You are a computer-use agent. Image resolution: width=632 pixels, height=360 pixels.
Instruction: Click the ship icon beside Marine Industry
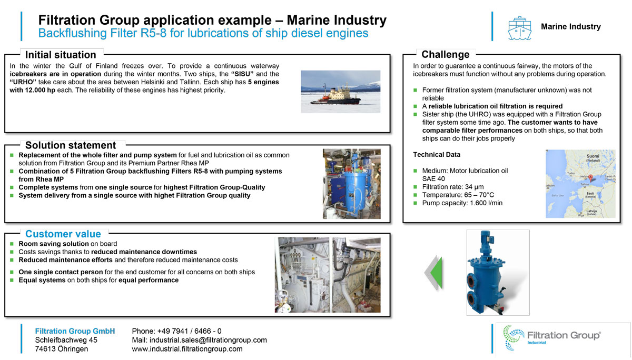(519, 27)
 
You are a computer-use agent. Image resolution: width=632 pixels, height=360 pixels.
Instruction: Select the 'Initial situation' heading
(61, 55)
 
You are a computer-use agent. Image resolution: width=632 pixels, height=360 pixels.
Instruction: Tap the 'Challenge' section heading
(445, 54)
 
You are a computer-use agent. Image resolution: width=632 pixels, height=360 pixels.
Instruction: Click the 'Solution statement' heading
(71, 145)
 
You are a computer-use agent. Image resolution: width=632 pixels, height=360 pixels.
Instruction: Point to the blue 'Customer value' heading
(63, 234)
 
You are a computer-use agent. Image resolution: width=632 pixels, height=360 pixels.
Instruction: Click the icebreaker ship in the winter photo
(332, 96)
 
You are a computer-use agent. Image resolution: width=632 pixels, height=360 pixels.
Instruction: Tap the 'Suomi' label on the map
(593, 157)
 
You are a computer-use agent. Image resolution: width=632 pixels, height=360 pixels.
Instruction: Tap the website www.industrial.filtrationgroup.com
(187, 349)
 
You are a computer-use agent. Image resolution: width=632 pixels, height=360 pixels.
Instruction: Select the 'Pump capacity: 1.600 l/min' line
(462, 203)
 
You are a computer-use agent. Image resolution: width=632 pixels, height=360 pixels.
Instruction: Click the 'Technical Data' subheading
(437, 155)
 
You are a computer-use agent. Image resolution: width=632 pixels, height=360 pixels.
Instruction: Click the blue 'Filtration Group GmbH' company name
(75, 331)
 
